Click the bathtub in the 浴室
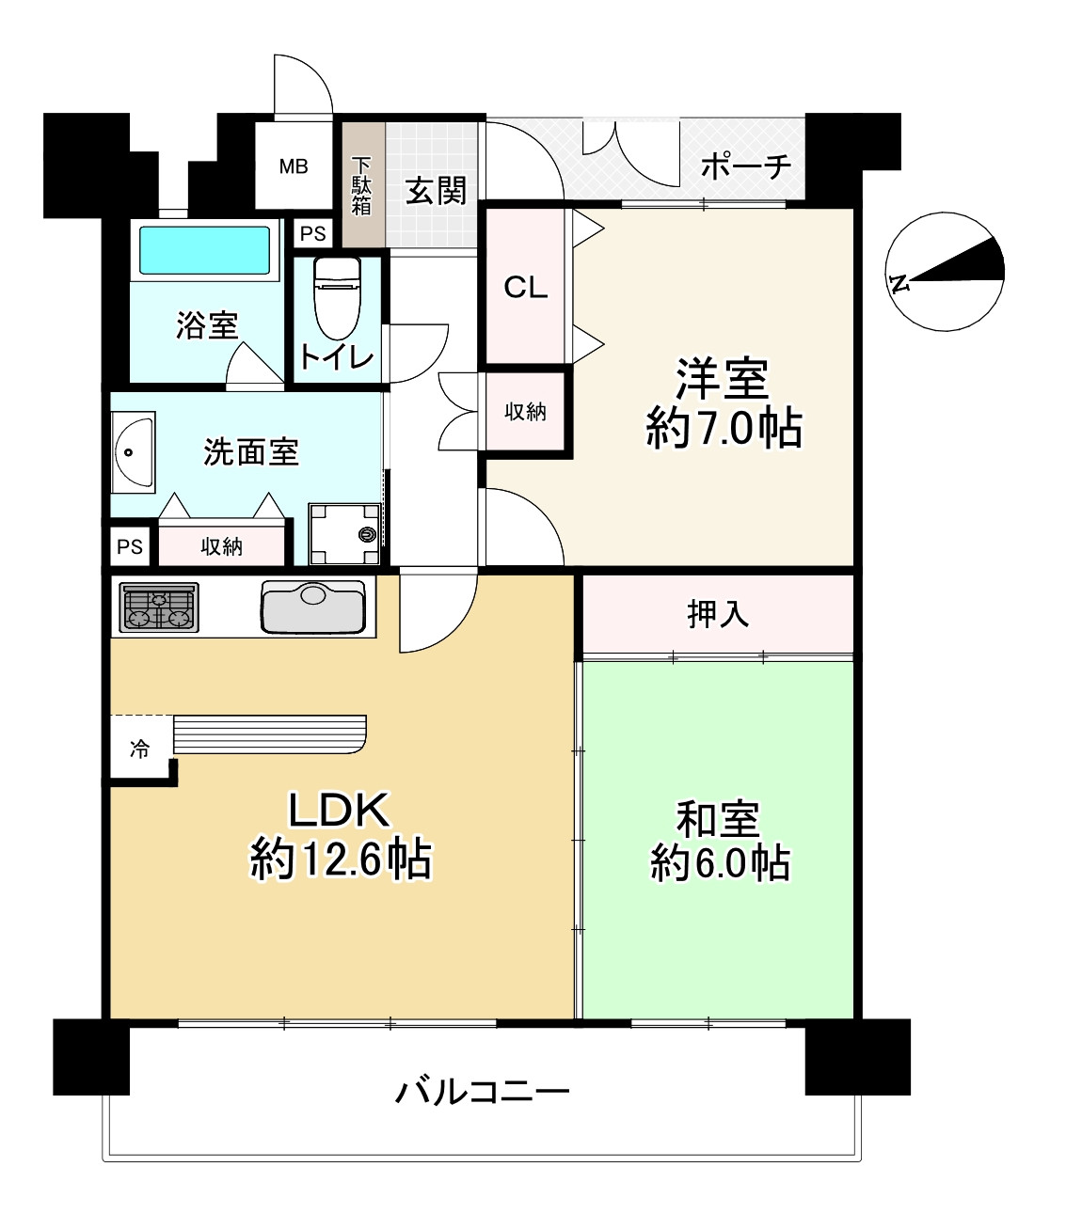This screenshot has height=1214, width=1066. (205, 250)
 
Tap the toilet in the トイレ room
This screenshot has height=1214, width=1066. (337, 296)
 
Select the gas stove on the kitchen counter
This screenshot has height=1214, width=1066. (159, 607)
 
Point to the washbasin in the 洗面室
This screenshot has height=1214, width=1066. (133, 452)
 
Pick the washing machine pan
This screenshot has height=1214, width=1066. (344, 534)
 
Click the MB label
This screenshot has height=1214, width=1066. (294, 166)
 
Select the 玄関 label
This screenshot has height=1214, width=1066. (436, 191)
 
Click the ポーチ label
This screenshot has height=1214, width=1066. (745, 167)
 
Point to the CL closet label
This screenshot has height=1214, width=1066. (525, 287)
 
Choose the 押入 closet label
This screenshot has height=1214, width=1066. (717, 614)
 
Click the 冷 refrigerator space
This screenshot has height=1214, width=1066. (140, 749)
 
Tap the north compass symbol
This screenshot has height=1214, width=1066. (945, 272)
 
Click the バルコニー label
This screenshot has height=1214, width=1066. (482, 1092)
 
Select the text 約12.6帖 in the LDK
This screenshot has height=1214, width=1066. (340, 859)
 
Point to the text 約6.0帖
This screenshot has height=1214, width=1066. (720, 863)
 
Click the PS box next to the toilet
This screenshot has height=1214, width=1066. (313, 234)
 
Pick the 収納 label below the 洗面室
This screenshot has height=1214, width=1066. (222, 546)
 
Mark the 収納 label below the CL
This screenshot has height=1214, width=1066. (525, 411)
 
